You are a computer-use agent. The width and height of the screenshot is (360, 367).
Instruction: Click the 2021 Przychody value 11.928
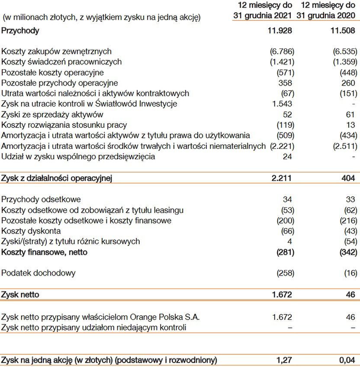280,31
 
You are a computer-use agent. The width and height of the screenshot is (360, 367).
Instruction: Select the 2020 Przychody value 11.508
342,31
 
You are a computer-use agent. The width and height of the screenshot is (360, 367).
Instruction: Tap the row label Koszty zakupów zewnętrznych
56,52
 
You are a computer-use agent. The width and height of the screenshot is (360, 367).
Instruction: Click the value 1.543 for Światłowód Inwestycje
282,104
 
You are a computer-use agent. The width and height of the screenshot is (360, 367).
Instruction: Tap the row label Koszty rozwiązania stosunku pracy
64,125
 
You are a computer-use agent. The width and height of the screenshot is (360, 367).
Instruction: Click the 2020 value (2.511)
345,146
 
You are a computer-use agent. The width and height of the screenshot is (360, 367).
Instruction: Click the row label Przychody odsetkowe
41,200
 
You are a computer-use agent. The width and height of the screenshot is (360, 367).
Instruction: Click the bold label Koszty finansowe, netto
44,252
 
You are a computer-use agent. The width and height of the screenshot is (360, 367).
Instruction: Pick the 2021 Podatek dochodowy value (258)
285,273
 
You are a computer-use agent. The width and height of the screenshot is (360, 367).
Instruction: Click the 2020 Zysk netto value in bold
350,295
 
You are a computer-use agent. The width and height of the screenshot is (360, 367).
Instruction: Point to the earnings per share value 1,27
283,360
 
